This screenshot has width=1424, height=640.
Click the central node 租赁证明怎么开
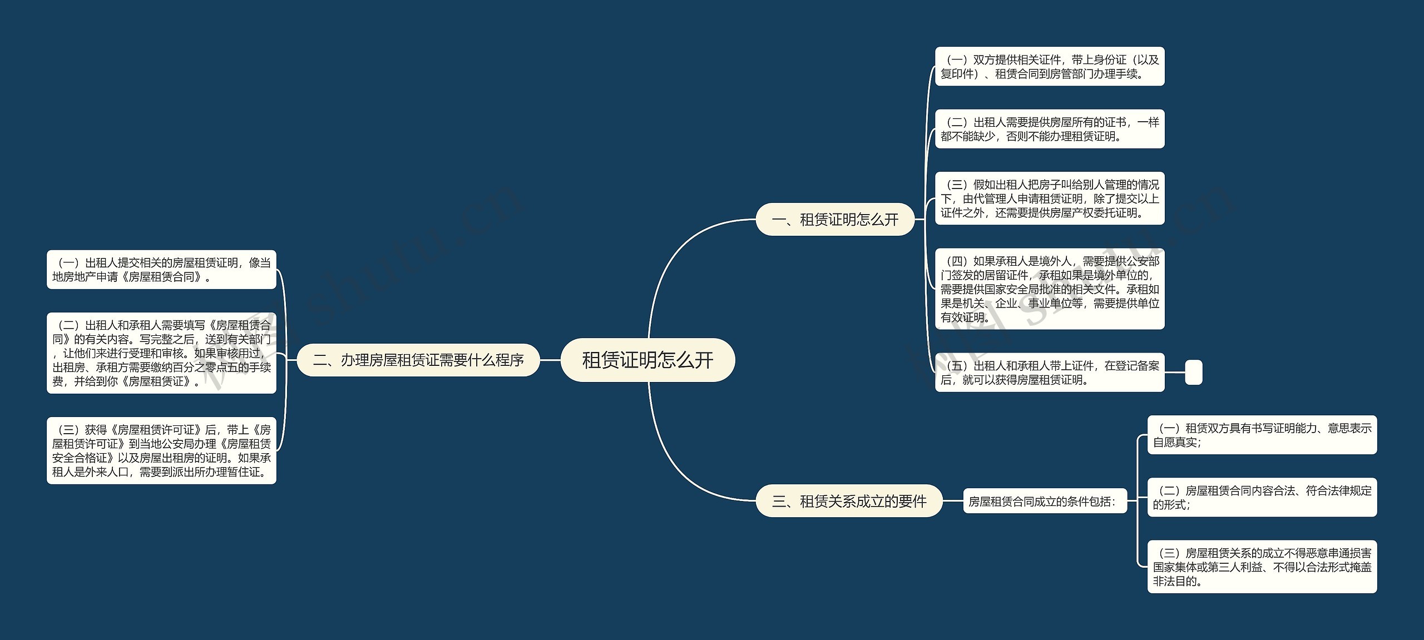pos(647,360)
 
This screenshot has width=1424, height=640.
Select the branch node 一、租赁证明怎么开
pos(834,220)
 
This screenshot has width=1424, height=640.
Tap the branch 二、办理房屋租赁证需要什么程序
pos(418,360)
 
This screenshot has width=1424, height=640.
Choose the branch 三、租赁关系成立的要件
pos(849,501)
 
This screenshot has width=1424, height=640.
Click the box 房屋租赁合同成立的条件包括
pos(1044,501)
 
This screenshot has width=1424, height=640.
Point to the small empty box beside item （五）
pos(1193,373)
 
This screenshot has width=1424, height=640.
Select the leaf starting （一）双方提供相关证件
pos(1049,67)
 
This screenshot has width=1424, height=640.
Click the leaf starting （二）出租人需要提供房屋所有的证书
pos(1049,129)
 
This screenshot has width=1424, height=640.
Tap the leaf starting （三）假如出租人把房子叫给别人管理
pos(1049,199)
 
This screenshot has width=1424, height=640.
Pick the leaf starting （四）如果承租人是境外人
pos(1049,289)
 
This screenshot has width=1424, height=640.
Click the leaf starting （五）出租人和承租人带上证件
pos(1049,373)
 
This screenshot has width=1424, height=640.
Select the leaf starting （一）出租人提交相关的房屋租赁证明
pos(161,270)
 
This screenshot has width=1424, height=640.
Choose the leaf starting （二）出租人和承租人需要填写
pos(161,353)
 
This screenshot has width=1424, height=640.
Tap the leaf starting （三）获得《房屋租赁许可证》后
pos(161,450)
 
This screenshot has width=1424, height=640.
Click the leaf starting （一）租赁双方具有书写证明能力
pos(1262,435)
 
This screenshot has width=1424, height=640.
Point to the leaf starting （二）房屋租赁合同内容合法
pos(1262,497)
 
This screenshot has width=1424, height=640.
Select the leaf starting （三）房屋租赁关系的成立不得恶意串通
pos(1262,567)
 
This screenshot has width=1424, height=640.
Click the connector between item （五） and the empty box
pos(1175,373)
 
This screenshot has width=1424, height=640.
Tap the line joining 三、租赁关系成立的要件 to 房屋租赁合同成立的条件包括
pos(953,501)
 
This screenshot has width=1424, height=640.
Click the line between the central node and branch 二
pos(550,360)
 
